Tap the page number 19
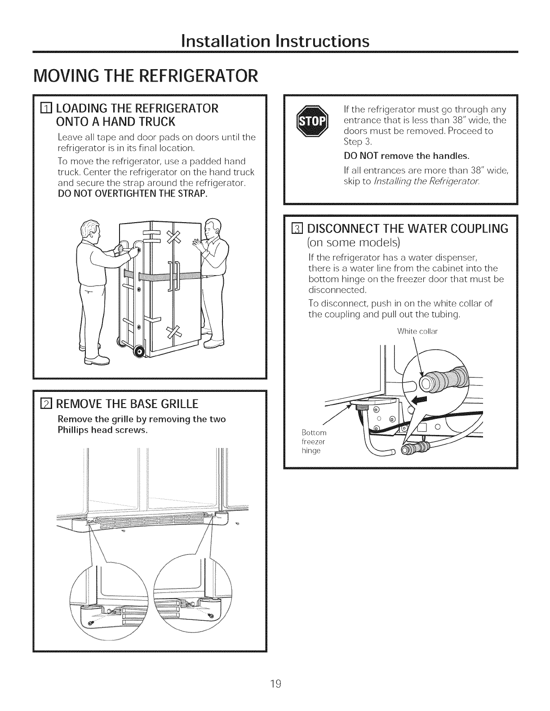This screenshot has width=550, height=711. pyautogui.click(x=275, y=684)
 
